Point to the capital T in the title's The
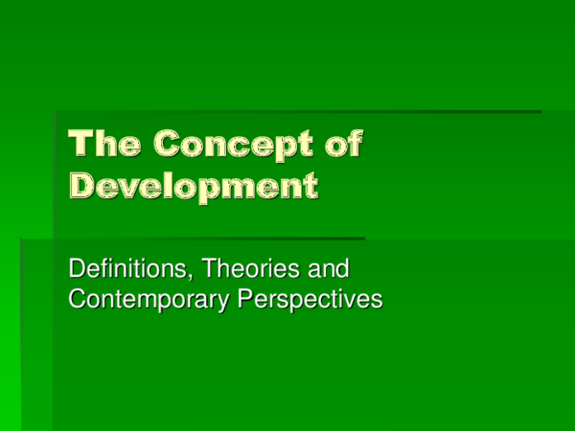pos(81,145)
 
